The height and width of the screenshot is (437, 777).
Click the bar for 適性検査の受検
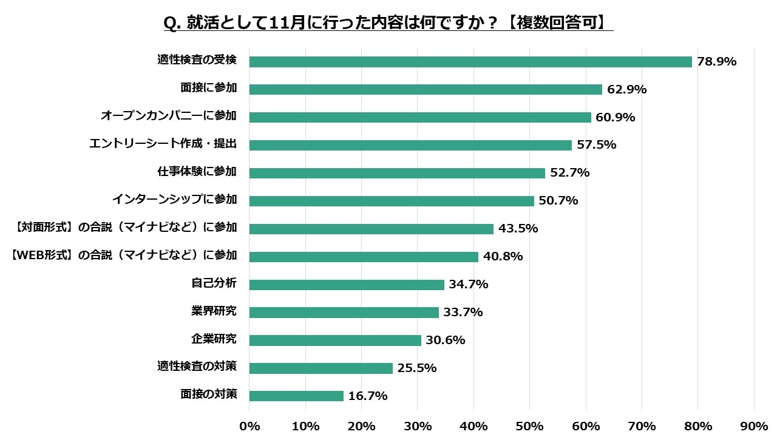pyautogui.click(x=470, y=62)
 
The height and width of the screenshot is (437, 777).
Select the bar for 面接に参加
pyautogui.click(x=426, y=90)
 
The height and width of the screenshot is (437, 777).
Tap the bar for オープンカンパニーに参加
pyautogui.click(x=420, y=118)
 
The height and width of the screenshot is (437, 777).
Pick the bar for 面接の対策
pyautogui.click(x=296, y=396)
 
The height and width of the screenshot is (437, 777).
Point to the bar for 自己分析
pyautogui.click(x=347, y=285)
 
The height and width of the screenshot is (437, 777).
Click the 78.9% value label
pyautogui.click(x=716, y=62)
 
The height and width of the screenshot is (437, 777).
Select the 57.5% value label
pyautogui.click(x=597, y=145)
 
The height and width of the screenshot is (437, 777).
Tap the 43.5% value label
pyautogui.click(x=518, y=229)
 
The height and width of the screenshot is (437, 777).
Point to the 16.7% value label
pyautogui.click(x=368, y=396)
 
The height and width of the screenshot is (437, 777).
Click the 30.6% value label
pyautogui.click(x=446, y=340)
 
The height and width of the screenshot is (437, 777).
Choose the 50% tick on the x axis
pyautogui.click(x=529, y=426)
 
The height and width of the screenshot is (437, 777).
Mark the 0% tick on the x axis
pyautogui.click(x=249, y=426)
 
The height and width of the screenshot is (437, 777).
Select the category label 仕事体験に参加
pyautogui.click(x=197, y=172)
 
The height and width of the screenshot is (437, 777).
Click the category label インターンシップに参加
pyautogui.click(x=174, y=200)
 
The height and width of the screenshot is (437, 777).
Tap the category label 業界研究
pyautogui.click(x=214, y=311)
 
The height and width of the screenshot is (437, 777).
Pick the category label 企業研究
pyautogui.click(x=214, y=339)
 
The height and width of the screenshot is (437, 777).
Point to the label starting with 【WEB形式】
pyautogui.click(x=124, y=256)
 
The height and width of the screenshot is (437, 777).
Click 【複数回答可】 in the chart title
pyautogui.click(x=558, y=23)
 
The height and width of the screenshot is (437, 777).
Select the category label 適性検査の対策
pyautogui.click(x=197, y=367)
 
